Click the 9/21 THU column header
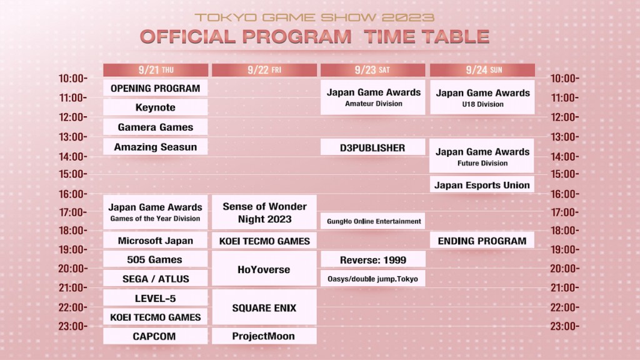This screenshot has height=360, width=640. click(x=155, y=70)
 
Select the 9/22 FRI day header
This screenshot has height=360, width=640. click(x=264, y=70)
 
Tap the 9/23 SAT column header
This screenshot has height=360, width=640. click(x=373, y=70)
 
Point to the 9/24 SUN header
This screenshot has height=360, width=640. click(x=482, y=70)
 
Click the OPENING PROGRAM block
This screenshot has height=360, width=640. click(x=155, y=88)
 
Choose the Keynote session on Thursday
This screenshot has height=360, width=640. click(x=155, y=107)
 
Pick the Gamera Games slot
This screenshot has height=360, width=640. click(x=155, y=127)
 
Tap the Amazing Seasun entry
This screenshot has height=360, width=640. click(x=155, y=147)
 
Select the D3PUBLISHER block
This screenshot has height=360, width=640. click(x=373, y=147)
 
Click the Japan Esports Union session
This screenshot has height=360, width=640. click(x=482, y=185)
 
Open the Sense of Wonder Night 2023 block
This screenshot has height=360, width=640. click(x=264, y=212)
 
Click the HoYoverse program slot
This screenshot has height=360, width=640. click(x=264, y=269)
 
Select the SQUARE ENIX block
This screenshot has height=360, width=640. click(x=264, y=307)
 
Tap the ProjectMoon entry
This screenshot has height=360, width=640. click(x=264, y=336)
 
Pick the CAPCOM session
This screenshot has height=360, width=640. click(x=155, y=336)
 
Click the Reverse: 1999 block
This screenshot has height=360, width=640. click(x=373, y=259)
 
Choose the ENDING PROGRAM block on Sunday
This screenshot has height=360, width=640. click(x=482, y=241)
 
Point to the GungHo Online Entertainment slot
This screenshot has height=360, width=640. click(x=373, y=221)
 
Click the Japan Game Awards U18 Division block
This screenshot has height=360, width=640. click(x=482, y=97)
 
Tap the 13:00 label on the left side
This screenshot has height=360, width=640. click(x=72, y=136)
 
